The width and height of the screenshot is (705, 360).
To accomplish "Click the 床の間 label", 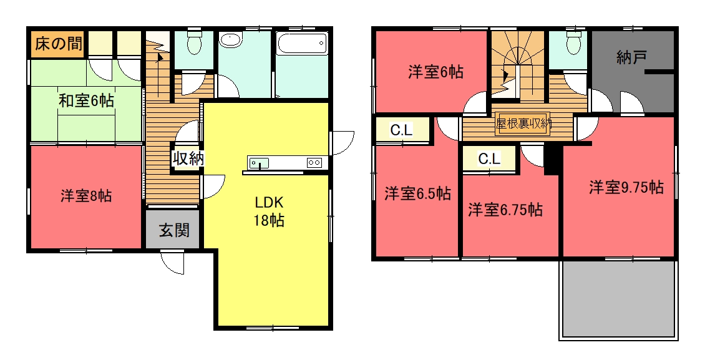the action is [x=59, y=44].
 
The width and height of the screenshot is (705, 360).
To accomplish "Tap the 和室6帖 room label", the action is [x=86, y=100].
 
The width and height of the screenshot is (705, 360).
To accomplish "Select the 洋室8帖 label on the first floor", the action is [x=86, y=196].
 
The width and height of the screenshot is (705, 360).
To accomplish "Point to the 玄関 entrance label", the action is [x=174, y=231].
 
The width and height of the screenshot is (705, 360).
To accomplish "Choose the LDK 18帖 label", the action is [x=269, y=212].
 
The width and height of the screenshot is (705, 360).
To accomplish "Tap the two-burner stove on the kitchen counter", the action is [x=314, y=162].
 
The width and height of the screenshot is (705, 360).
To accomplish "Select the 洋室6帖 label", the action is [x=435, y=72].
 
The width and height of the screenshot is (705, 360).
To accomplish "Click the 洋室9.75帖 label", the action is [x=626, y=187].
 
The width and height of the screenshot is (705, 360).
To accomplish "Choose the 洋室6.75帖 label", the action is [x=505, y=210].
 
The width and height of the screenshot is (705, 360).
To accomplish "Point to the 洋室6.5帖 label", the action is [x=417, y=193].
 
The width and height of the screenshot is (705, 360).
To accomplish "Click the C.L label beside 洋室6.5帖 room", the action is [x=401, y=130].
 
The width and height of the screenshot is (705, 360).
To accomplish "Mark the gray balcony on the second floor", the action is [x=618, y=299].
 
